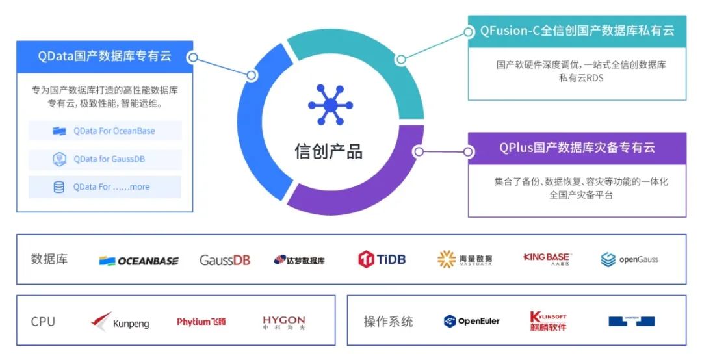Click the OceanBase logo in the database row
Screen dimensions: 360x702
pyautogui.click(x=138, y=261)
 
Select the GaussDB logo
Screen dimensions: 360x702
pyautogui.click(x=224, y=260)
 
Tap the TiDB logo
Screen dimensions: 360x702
pyautogui.click(x=382, y=259)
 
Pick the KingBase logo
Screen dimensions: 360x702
pyautogui.click(x=546, y=259)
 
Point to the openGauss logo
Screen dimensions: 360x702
pyautogui.click(x=629, y=260)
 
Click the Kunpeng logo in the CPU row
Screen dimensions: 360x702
pyautogui.click(x=120, y=322)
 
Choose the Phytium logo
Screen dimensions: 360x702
pyautogui.click(x=201, y=322)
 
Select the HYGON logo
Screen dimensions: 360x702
pyautogui.click(x=283, y=322)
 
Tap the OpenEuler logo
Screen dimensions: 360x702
pyautogui.click(x=472, y=321)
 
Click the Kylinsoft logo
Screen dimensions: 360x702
pyautogui.click(x=548, y=322)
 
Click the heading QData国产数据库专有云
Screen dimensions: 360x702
pyautogui.click(x=105, y=57)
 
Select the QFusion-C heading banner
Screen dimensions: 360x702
pyautogui.click(x=577, y=31)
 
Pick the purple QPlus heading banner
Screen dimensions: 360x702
pyautogui.click(x=577, y=148)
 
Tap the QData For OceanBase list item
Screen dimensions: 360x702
pyautogui.click(x=105, y=131)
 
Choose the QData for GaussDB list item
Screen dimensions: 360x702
pyautogui.click(x=105, y=159)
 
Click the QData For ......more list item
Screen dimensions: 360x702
pyautogui.click(x=105, y=186)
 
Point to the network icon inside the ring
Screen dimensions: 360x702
pyautogui.click(x=330, y=105)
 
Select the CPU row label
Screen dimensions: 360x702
pyautogui.click(x=43, y=322)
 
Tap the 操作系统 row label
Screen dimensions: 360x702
pyautogui.click(x=388, y=322)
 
